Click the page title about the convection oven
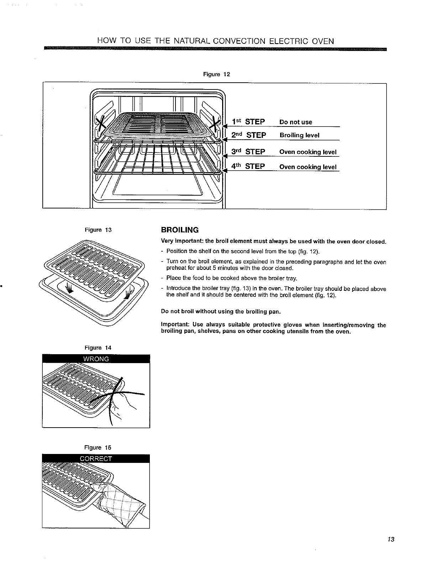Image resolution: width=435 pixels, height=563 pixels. tap(216, 41)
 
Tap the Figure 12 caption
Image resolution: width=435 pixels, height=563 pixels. tap(216, 74)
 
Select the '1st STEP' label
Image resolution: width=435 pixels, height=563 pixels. tap(248, 122)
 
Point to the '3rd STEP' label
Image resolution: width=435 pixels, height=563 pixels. tap(248, 152)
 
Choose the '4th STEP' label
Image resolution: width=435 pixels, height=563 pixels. tap(248, 166)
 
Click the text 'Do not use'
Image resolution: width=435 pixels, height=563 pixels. tap(296, 122)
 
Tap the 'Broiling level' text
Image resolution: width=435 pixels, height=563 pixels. tap(299, 135)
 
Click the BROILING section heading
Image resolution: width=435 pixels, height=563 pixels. tap(180, 229)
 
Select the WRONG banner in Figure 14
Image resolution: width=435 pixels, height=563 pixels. tap(96, 359)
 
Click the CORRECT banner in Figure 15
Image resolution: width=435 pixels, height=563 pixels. tap(96, 459)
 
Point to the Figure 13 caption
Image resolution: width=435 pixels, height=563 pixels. tap(98, 230)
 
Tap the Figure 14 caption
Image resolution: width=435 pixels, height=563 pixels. tap(98, 348)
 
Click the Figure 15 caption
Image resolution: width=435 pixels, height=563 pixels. tap(98, 448)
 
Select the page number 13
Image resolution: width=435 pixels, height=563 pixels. tap(391, 539)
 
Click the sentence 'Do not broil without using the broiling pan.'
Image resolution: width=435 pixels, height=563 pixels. tap(221, 312)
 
